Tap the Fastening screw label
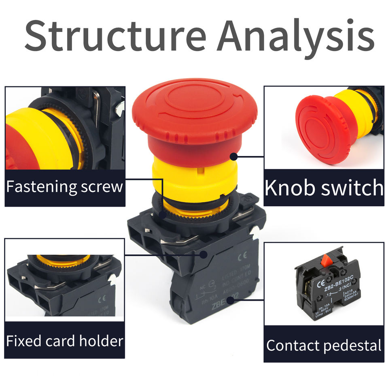(x=64, y=187)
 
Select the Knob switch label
(x=324, y=188)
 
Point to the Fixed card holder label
(x=64, y=341)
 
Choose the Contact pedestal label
(x=324, y=346)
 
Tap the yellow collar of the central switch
(x=194, y=178)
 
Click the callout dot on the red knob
(x=233, y=155)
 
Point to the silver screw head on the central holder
(x=255, y=231)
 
